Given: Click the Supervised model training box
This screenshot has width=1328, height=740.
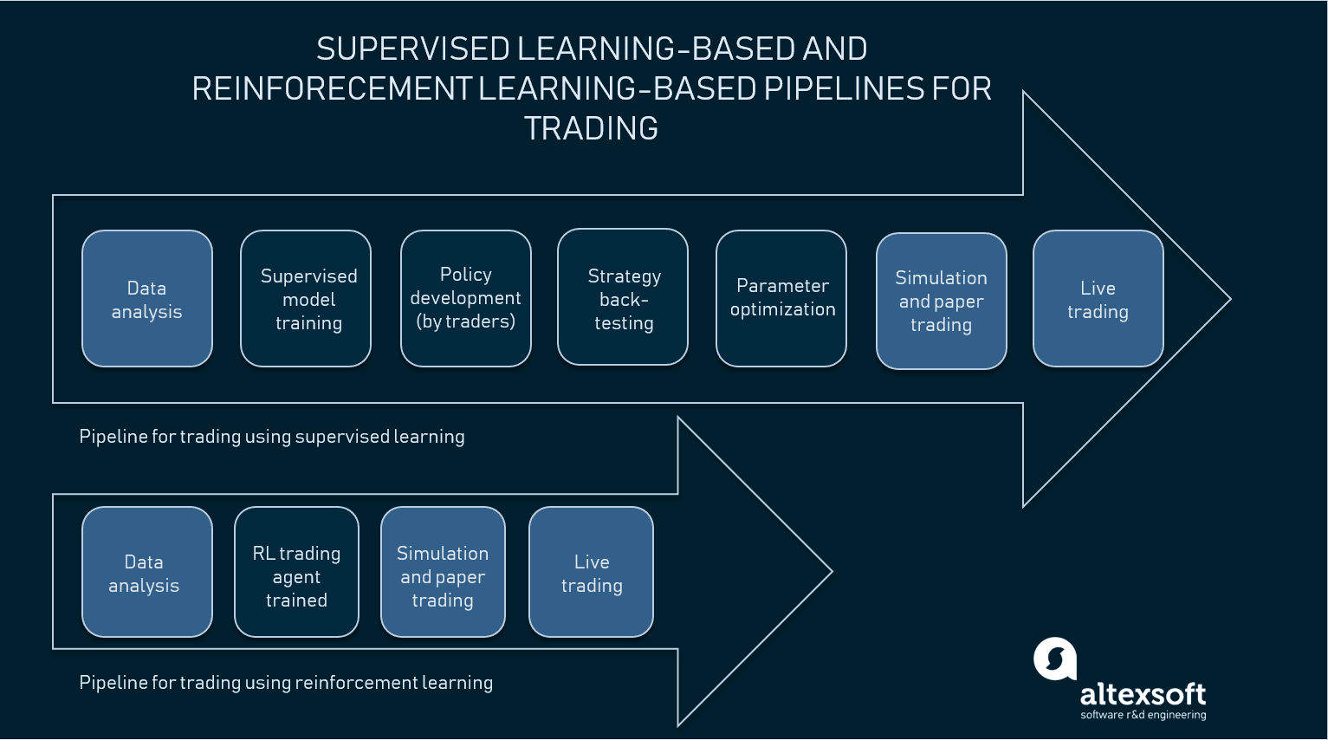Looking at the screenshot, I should tap(306, 299).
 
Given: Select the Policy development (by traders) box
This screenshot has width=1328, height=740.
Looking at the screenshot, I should tap(465, 299).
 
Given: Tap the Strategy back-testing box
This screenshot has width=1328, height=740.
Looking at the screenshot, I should tap(623, 299).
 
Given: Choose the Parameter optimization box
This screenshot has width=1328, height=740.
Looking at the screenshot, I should tap(781, 299).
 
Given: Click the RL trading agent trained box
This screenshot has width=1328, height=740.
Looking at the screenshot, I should tap(296, 573).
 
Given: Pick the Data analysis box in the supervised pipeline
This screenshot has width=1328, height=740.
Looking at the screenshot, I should tap(147, 299).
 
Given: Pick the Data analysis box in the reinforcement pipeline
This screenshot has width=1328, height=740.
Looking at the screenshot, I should tap(147, 573).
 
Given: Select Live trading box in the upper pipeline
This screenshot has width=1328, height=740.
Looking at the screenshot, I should tap(1098, 299).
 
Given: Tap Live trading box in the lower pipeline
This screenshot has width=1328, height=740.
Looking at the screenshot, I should tap(591, 573).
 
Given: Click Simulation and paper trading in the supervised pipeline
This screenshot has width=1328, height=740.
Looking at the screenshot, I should tap(942, 302).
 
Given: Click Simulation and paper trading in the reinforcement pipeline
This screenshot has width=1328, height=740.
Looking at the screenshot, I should tap(443, 573).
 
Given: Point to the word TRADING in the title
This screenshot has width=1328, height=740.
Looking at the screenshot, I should tap(591, 128).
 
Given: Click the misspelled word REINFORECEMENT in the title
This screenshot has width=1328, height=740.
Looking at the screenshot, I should tap(332, 88).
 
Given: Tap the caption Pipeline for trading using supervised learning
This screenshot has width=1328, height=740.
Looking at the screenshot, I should tap(271, 437).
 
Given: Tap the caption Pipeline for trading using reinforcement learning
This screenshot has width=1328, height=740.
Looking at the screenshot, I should tap(286, 683).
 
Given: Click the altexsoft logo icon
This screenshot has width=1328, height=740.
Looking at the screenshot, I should tap(1054, 659).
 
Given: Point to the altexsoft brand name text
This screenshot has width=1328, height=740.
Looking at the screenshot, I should tap(1143, 693).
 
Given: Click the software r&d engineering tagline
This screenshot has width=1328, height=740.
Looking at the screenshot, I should tap(1143, 715).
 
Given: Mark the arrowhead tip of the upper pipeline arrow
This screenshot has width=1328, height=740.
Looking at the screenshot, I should tap(1228, 300).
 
